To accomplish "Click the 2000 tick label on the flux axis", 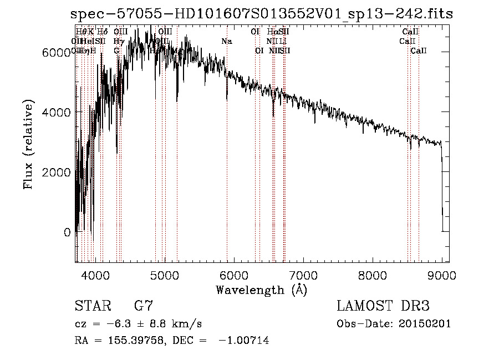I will click(55, 172).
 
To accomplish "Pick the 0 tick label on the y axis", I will click(67, 232).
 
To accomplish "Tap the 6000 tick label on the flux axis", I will click(55, 52).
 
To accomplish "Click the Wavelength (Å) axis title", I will click(261, 290).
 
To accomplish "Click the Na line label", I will click(226, 42).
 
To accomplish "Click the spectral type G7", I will click(143, 306).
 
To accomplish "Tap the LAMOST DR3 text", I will click(383, 306).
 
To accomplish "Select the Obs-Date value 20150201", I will click(424, 324).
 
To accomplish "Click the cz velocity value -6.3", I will click(115, 324).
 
